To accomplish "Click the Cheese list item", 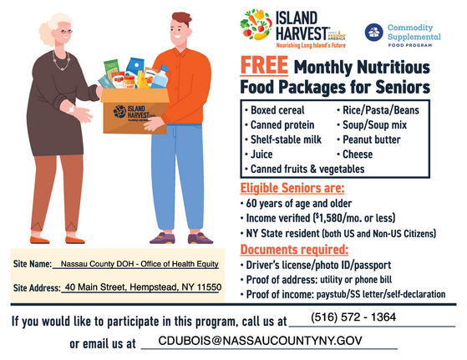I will pyautogui.click(x=362, y=155).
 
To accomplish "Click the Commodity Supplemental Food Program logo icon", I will pyautogui.click(x=373, y=33).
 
